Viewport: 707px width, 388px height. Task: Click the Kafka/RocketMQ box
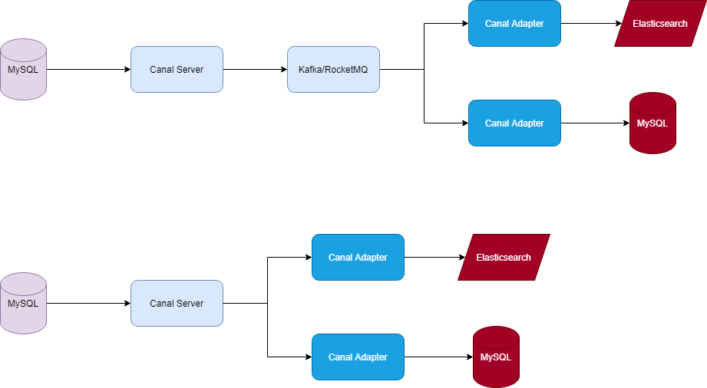(333, 69)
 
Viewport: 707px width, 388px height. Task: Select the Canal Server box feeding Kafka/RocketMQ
(177, 69)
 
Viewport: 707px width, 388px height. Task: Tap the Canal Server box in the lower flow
(177, 303)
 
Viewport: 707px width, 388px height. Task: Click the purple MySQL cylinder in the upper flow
(23, 70)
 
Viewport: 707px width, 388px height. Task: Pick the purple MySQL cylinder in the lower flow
(23, 304)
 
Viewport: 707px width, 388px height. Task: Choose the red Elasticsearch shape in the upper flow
(659, 24)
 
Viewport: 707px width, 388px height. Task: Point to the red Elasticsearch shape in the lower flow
(504, 258)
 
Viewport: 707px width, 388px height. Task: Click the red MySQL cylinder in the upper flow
(652, 123)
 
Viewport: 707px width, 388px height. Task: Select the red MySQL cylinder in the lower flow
(496, 357)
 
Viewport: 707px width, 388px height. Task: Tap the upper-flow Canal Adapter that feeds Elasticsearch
(514, 24)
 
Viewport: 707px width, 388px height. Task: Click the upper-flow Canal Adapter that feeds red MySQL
(514, 123)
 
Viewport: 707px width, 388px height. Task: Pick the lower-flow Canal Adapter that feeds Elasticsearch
(358, 257)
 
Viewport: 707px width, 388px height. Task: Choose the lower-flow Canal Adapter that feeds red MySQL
(358, 357)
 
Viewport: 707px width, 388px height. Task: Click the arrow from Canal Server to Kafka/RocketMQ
(255, 69)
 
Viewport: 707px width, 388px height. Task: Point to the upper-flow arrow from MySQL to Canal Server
(88, 69)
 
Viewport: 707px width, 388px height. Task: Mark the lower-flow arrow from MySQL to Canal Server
(88, 303)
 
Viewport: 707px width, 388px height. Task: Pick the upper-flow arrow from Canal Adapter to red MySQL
(595, 123)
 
